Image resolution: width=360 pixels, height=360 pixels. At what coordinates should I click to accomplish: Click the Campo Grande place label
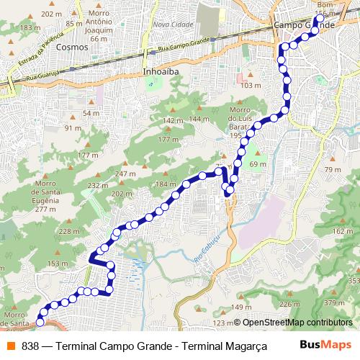coord(305,25)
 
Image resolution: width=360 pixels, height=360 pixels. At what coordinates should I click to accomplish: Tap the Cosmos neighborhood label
coord(71,47)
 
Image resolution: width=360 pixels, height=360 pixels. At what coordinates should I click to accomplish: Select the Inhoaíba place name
coord(161,73)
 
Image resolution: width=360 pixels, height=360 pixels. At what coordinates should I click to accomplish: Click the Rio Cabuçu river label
coord(206,253)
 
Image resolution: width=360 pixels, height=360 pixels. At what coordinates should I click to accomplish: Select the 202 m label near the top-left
coord(50,14)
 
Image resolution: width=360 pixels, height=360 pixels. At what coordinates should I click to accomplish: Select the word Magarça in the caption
coord(244,346)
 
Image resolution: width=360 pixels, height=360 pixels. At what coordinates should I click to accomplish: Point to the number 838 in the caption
coord(30,346)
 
